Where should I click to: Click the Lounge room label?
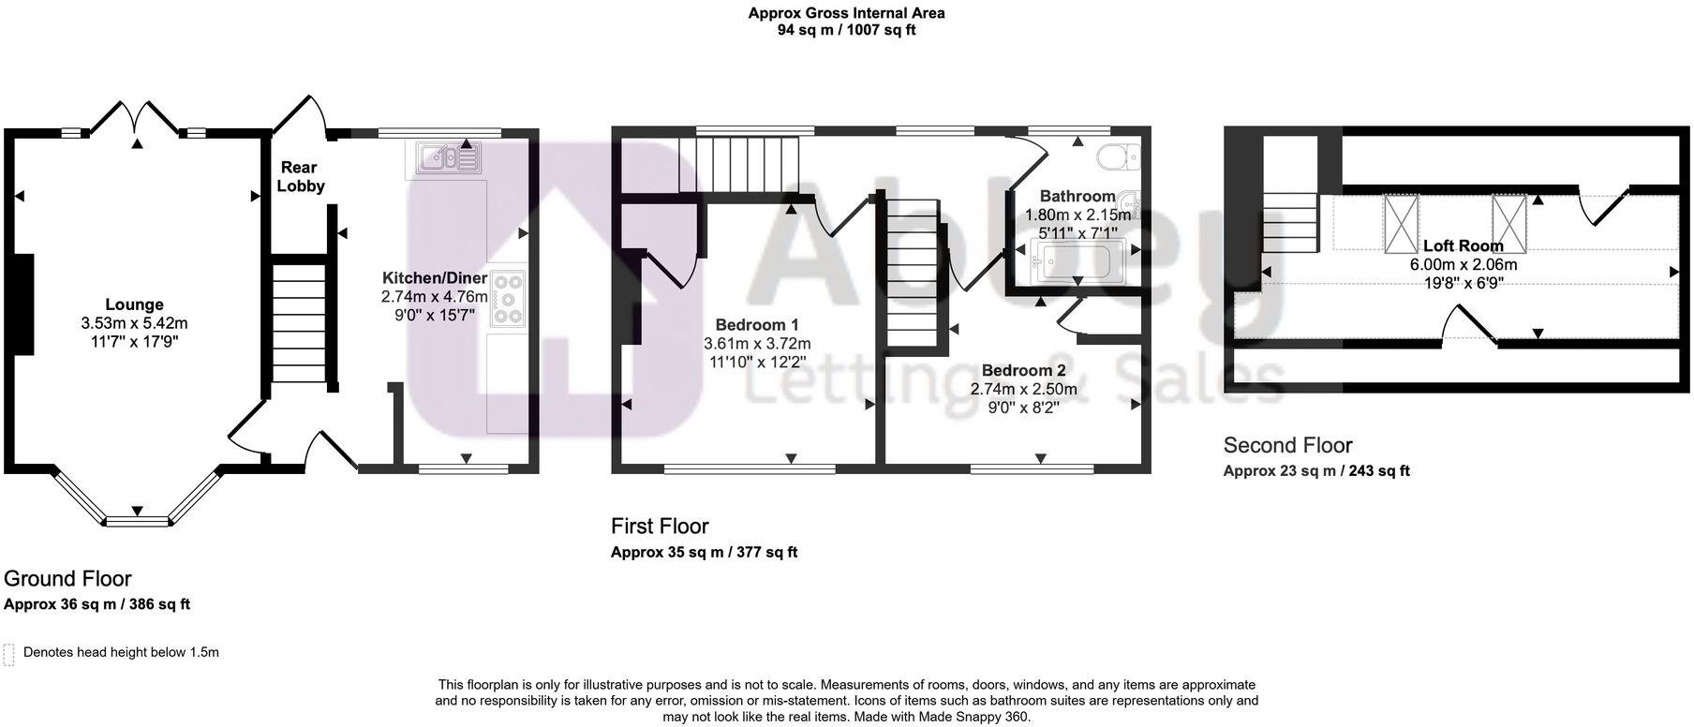tap(134, 304)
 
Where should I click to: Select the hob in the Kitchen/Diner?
tap(508, 299)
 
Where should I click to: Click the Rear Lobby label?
tap(301, 177)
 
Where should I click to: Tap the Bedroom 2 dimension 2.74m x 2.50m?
tap(1023, 389)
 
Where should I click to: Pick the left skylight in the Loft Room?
tap(1402, 222)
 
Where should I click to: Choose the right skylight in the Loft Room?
tap(1508, 222)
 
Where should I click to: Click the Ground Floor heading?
tap(67, 578)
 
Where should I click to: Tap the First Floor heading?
tap(660, 526)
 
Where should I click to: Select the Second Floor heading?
tap(1287, 445)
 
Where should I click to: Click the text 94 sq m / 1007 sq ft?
tap(846, 30)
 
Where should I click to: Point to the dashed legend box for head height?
tap(9, 654)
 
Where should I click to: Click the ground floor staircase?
tap(299, 323)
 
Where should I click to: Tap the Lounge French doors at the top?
tap(138, 118)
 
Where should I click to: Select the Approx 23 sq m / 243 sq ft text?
tap(1315, 471)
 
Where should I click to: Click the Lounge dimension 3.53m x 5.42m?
tap(134, 323)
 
